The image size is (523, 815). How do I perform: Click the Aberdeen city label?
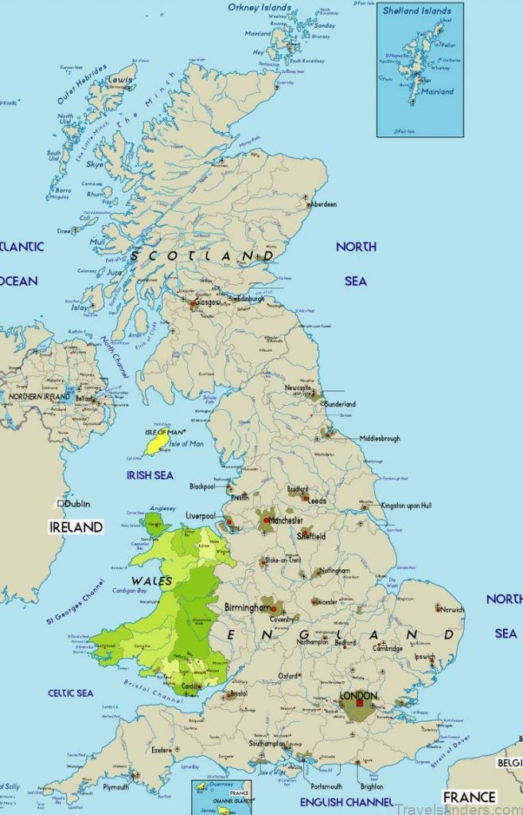[x=324, y=205]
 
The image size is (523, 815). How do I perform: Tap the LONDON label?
[x=357, y=695]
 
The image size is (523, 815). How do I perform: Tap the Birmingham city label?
[x=247, y=607]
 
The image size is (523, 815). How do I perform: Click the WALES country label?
[x=152, y=582]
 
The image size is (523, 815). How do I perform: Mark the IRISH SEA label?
[x=150, y=475]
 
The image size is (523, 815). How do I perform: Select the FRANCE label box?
[x=469, y=797]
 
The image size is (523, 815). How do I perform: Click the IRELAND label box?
[x=76, y=527]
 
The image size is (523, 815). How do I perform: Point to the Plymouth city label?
[x=115, y=787]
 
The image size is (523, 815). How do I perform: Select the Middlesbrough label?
[x=380, y=439]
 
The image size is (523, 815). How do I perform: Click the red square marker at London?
[x=360, y=704]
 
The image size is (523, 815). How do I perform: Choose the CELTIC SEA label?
[x=70, y=693]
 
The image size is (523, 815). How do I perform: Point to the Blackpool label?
[x=202, y=486]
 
